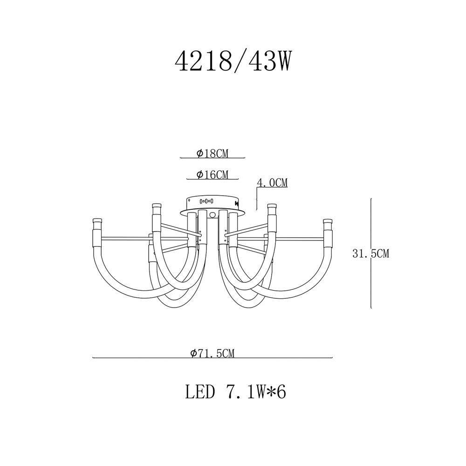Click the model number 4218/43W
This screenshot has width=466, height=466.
[232, 62]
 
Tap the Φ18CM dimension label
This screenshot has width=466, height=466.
[212, 153]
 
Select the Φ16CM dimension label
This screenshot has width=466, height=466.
[212, 175]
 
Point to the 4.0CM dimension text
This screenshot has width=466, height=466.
[272, 183]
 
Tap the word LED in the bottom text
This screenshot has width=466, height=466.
[200, 392]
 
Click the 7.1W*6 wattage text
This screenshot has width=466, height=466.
[254, 392]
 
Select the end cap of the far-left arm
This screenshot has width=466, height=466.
[97, 221]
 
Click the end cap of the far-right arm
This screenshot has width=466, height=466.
[328, 221]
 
